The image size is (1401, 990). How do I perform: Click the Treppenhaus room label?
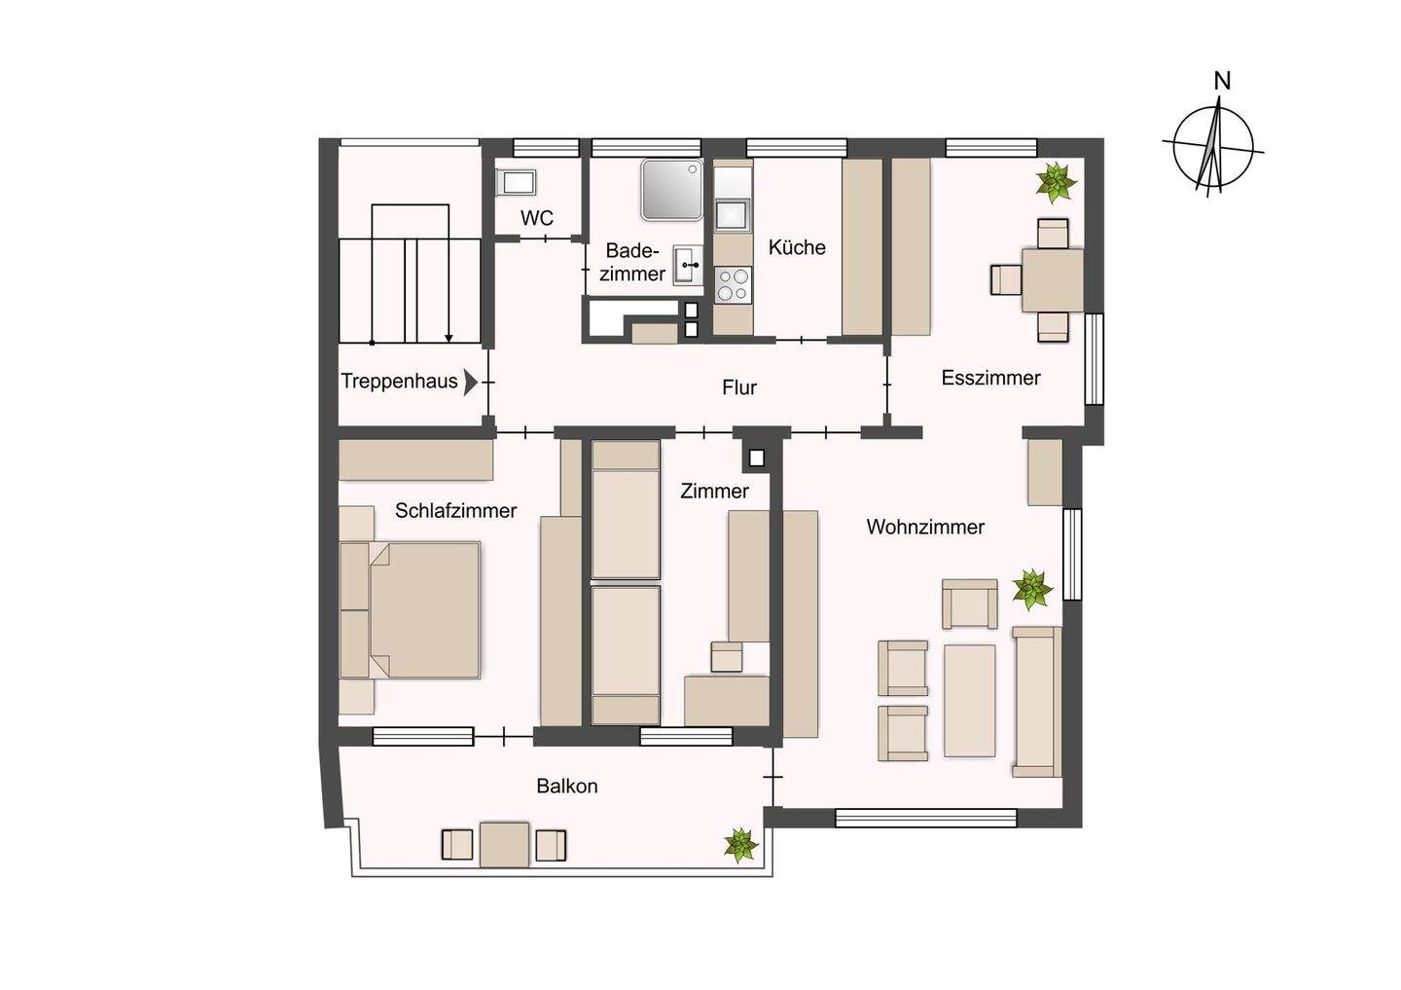click(x=399, y=382)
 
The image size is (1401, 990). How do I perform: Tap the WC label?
click(x=537, y=218)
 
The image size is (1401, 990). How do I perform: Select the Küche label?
click(x=797, y=247)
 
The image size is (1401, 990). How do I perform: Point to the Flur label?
click(x=739, y=387)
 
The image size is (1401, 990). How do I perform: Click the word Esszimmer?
click(x=990, y=378)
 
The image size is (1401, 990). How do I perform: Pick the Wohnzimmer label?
click(x=925, y=527)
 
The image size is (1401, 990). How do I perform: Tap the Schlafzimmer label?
click(x=455, y=511)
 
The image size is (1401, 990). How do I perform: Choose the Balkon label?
click(x=566, y=786)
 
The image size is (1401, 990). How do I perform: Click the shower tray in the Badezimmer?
click(x=671, y=190)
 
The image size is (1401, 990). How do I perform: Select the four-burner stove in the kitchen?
click(x=733, y=284)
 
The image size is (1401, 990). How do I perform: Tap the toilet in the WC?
click(x=516, y=183)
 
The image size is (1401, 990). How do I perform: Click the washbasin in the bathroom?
click(x=687, y=266)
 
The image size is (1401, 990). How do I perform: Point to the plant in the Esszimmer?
click(x=1056, y=182)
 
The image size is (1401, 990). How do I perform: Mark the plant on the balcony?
click(x=741, y=845)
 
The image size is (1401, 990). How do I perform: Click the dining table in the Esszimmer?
click(x=1053, y=279)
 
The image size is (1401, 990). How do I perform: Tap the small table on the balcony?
click(x=504, y=845)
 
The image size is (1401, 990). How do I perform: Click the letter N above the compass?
click(x=1222, y=82)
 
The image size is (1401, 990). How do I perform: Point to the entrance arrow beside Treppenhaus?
click(x=470, y=383)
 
